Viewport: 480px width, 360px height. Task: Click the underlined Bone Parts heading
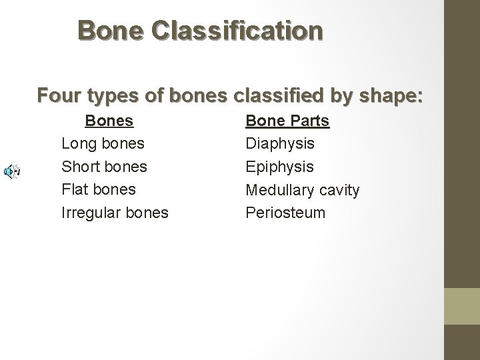point(287,121)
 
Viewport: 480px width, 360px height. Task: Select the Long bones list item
point(103,144)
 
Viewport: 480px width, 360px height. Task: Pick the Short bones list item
point(104,167)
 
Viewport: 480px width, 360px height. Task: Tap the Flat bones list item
point(98,189)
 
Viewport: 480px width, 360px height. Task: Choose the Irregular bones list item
point(115,213)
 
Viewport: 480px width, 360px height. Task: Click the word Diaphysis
point(280,144)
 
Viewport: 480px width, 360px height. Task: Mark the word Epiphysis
point(279,167)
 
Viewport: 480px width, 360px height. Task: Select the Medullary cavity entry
point(302,190)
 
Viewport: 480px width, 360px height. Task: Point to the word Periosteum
point(285,213)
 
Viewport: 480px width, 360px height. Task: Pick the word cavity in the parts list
point(339,190)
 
